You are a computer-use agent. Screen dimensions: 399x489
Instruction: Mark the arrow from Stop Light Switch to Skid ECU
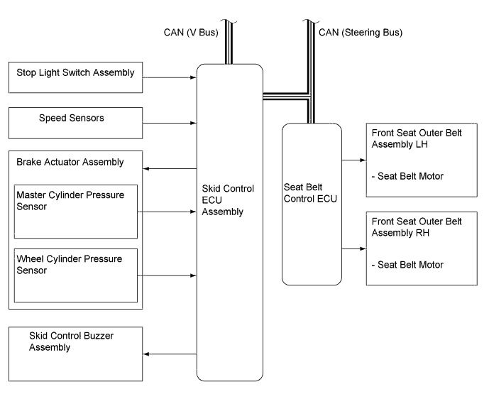pyautogui.click(x=170, y=77)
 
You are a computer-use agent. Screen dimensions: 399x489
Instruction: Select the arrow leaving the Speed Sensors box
pyautogui.click(x=170, y=124)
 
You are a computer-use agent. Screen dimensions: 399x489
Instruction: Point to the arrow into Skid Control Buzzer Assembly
pyautogui.click(x=170, y=353)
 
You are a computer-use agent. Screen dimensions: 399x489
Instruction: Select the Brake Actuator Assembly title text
pyautogui.click(x=70, y=162)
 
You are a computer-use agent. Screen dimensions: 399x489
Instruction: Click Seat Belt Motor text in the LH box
pyautogui.click(x=407, y=175)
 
